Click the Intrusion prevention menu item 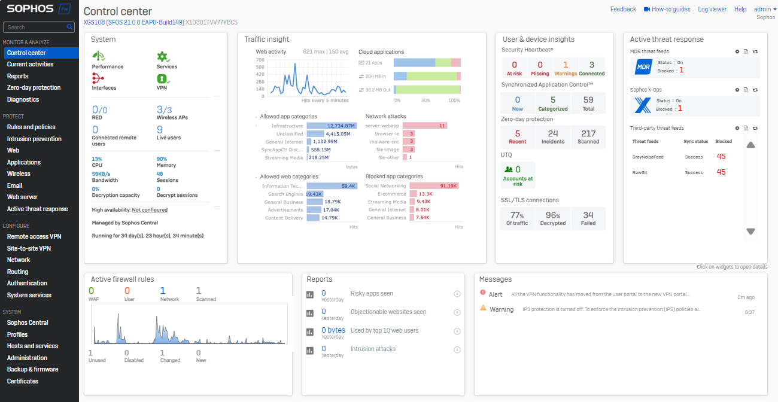click(x=34, y=139)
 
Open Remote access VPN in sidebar click(x=34, y=236)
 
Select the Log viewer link click(x=712, y=9)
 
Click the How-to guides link click(x=671, y=9)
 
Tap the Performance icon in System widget click(x=99, y=56)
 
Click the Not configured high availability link click(x=150, y=210)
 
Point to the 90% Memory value click(x=162, y=159)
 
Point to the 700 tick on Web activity click(x=260, y=60)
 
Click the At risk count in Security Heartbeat click(x=514, y=65)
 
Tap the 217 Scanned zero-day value click(x=588, y=133)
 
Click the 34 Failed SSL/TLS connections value click(x=588, y=215)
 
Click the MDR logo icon click(x=643, y=67)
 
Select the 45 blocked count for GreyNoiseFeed click(x=721, y=156)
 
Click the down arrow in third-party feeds click(x=750, y=232)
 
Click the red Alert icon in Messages click(x=483, y=293)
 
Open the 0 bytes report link click(x=333, y=330)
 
